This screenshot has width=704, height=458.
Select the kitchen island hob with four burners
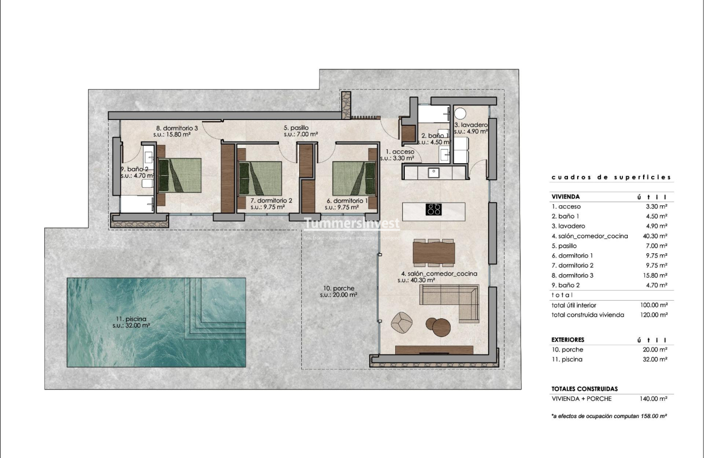pos(434,209)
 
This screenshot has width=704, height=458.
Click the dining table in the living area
pos(434,253)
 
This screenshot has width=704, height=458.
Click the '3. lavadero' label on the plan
pos(471,125)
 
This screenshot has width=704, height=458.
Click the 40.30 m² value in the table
pos(655,236)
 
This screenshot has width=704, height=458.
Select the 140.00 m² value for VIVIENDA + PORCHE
pos(653,398)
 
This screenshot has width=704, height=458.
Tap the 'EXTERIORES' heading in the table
pos(567,340)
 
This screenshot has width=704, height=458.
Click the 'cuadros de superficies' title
pos(611,178)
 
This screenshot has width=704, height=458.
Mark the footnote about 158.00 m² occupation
pos(610,415)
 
